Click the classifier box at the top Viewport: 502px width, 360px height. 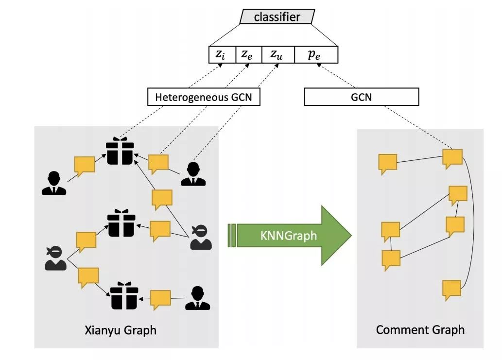tap(277, 17)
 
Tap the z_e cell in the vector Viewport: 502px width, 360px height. tap(248, 55)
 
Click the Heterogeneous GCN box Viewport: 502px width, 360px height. tap(203, 97)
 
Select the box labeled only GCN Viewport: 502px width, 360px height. tap(361, 97)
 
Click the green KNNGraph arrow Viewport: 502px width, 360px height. tap(290, 236)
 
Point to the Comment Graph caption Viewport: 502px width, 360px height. tap(420, 330)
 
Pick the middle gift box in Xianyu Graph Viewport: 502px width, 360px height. tap(121, 223)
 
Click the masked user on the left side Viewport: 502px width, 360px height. tap(55, 257)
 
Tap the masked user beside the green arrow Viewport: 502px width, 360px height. tap(201, 237)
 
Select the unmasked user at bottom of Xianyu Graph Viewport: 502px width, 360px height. tap(197, 298)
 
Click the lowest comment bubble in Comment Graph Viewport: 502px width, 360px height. tap(452, 290)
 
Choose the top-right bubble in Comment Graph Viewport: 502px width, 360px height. tap(452, 158)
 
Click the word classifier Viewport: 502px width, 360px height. tap(277, 17)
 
